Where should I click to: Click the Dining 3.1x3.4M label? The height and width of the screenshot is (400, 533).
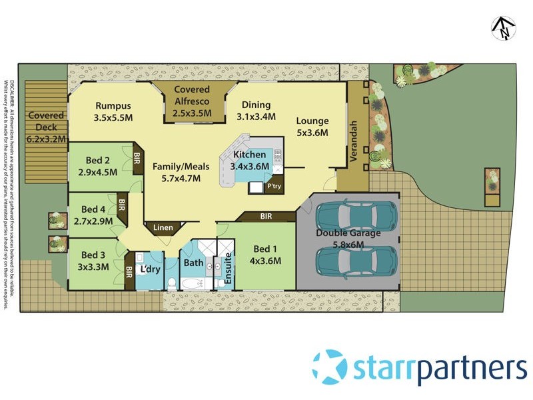pos(256,111)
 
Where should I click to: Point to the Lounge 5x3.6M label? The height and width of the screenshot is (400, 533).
pos(312,127)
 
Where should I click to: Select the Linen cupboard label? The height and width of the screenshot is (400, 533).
pos(163,228)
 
